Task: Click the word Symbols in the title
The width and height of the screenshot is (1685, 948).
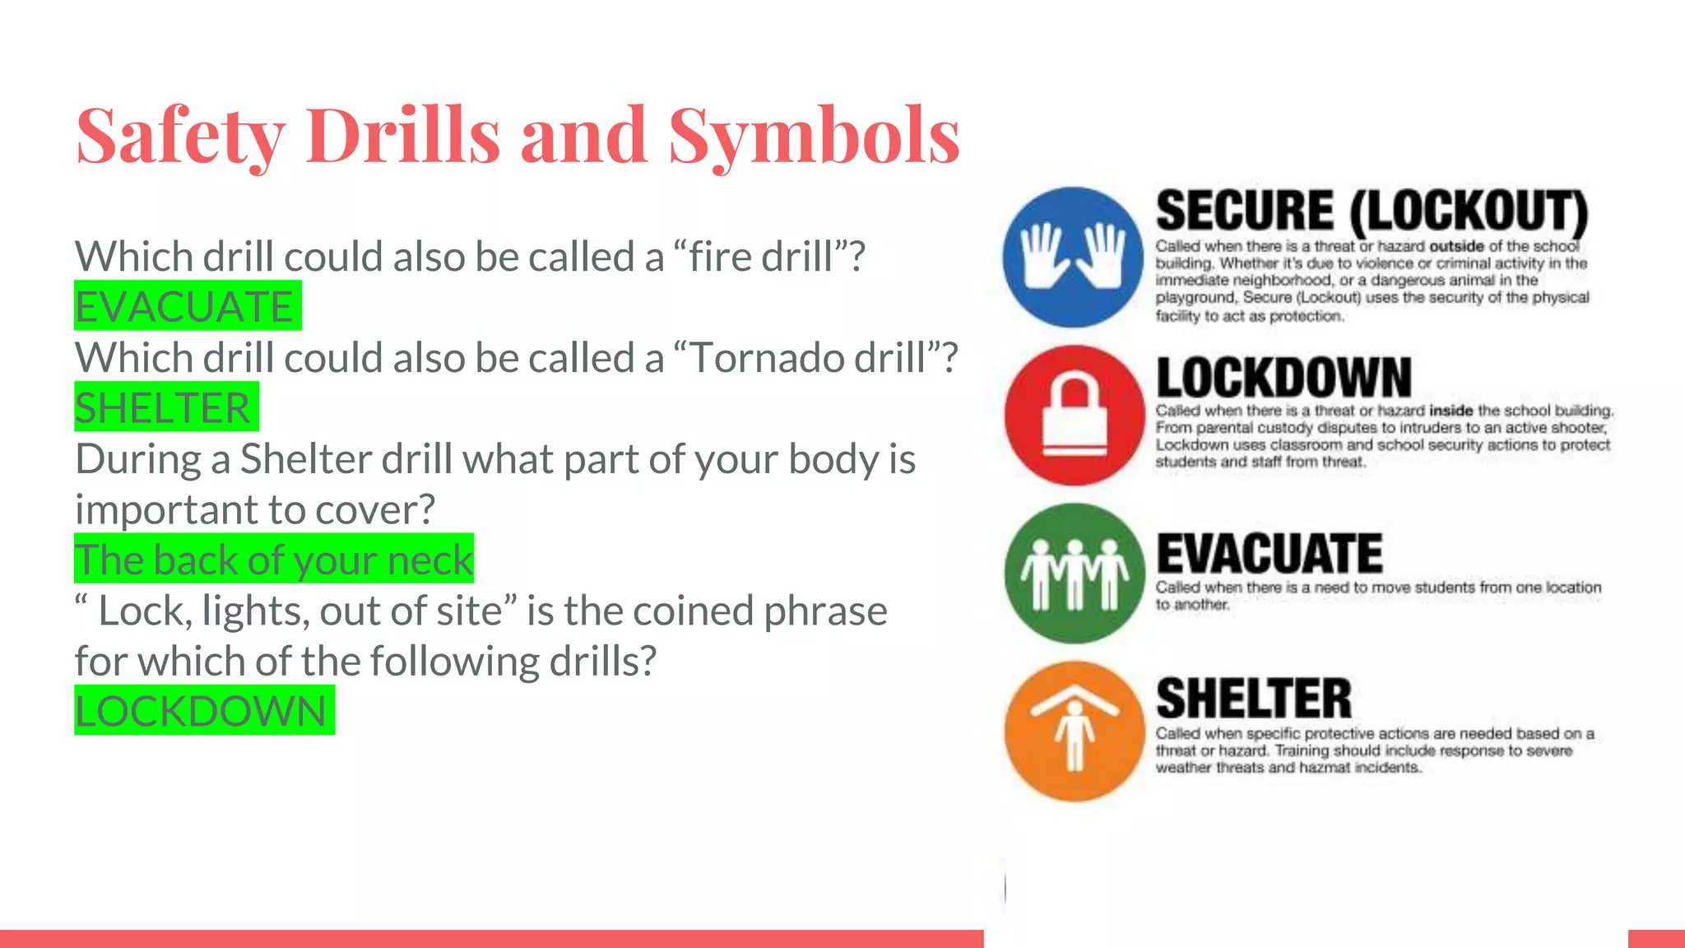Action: (x=814, y=137)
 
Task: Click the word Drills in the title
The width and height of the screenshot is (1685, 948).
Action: (x=403, y=137)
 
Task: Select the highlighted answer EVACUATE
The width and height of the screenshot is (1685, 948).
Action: (x=187, y=306)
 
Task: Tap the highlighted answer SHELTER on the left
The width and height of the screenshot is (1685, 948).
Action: (x=165, y=407)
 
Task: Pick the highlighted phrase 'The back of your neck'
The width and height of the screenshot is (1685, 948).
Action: (x=273, y=560)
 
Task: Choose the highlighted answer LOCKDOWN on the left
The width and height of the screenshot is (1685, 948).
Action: (x=203, y=711)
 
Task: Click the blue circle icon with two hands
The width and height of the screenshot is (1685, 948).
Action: (x=1073, y=257)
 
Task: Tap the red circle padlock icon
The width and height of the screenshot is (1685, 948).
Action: (x=1075, y=416)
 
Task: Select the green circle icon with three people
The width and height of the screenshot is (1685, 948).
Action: (x=1075, y=574)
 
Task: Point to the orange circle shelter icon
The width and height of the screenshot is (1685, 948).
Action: (x=1075, y=732)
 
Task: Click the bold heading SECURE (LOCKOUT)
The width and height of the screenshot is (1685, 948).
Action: (x=1372, y=211)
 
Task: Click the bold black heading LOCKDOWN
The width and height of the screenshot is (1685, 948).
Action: (x=1283, y=378)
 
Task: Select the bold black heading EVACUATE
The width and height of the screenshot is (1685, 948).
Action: (x=1270, y=553)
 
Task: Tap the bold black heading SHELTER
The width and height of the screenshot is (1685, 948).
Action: (x=1254, y=699)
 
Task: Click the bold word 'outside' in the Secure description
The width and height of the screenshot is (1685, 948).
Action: (x=1456, y=246)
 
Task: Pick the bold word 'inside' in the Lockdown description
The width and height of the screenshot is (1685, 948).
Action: (x=1451, y=410)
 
